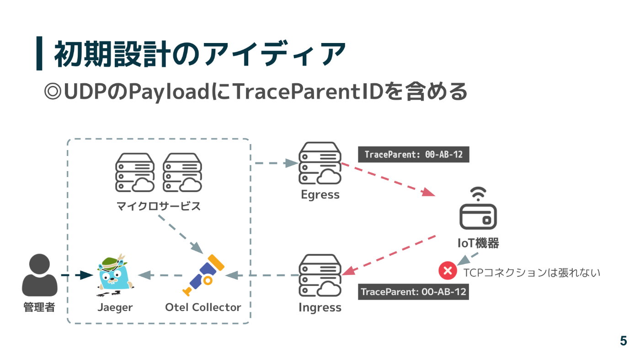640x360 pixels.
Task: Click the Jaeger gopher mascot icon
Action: [114, 274]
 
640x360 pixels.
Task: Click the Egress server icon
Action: [320, 163]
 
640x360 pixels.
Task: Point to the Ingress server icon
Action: [320, 275]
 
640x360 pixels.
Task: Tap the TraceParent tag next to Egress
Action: [414, 155]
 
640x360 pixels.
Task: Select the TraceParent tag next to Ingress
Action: [414, 292]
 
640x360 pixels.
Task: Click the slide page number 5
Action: [623, 341]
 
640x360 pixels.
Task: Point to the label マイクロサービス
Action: [158, 206]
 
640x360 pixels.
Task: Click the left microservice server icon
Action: [135, 172]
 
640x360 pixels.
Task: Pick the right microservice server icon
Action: [182, 172]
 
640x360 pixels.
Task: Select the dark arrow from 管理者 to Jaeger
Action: [77, 275]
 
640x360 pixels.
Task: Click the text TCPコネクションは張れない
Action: [532, 273]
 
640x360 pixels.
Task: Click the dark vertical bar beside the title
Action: [39, 54]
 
